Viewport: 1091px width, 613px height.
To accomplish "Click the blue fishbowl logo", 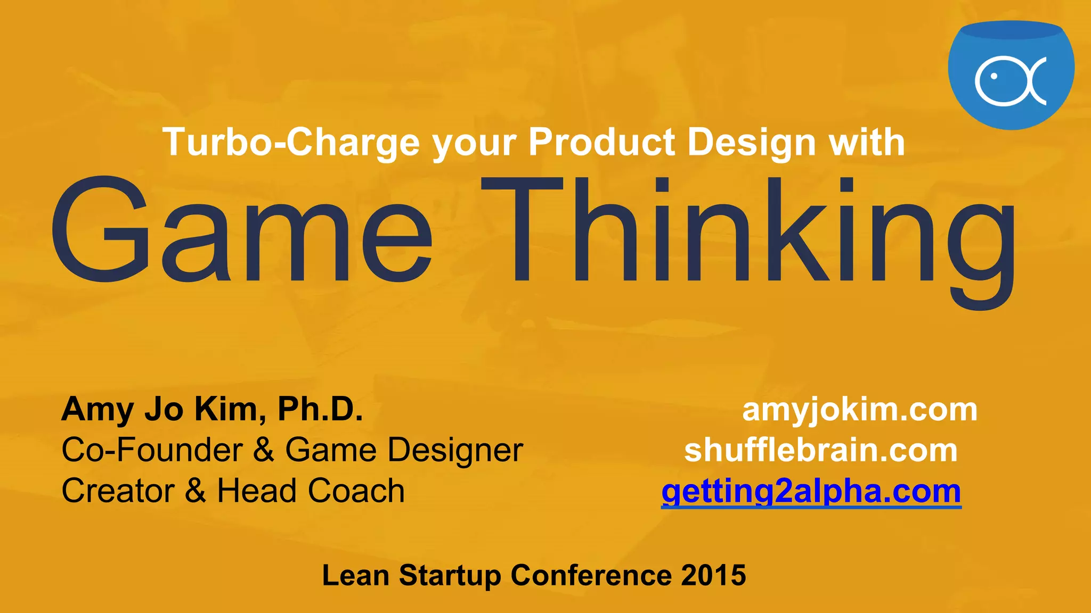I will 1011,74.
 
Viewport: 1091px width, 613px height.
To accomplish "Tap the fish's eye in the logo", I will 994,77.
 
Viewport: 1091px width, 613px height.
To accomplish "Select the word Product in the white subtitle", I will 601,143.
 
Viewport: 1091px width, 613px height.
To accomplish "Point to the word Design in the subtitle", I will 751,143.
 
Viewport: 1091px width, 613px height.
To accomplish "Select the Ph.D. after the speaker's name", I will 320,409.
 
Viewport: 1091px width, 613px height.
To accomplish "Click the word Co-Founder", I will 152,450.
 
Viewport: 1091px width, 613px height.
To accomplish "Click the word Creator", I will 118,491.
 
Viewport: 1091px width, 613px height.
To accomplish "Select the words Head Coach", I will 311,491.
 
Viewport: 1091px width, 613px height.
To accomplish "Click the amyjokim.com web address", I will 860,410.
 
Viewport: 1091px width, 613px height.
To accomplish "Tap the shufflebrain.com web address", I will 821,451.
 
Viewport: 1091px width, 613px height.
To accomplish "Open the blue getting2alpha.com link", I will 811,491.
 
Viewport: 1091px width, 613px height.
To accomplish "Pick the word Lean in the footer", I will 355,576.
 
